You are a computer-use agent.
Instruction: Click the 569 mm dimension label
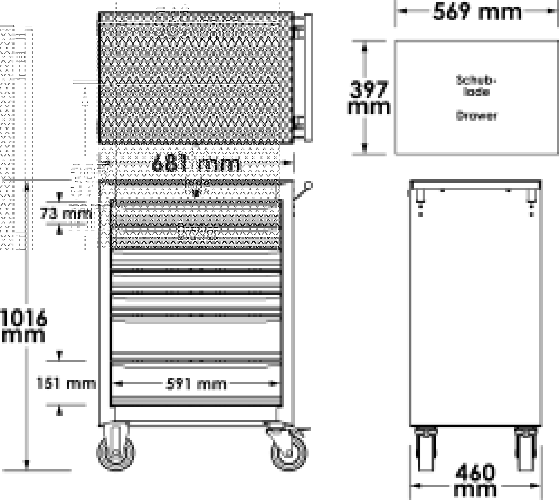click(x=477, y=12)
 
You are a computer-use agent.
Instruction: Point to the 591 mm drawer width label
click(x=196, y=384)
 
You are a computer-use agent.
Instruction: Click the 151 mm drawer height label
click(x=66, y=383)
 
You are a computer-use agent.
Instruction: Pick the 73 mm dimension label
click(x=66, y=215)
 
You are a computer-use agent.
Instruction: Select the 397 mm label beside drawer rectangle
click(x=368, y=98)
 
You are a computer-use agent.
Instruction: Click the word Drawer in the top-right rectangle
click(x=476, y=116)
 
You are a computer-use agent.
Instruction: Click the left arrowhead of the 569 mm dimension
click(x=402, y=11)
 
